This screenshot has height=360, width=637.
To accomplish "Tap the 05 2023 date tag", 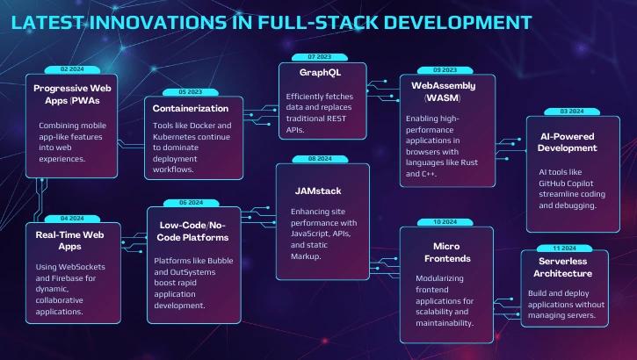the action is coord(190,91).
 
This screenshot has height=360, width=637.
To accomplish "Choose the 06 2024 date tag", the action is coord(190,202).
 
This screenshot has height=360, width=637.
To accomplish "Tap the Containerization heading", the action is coord(191,109).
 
